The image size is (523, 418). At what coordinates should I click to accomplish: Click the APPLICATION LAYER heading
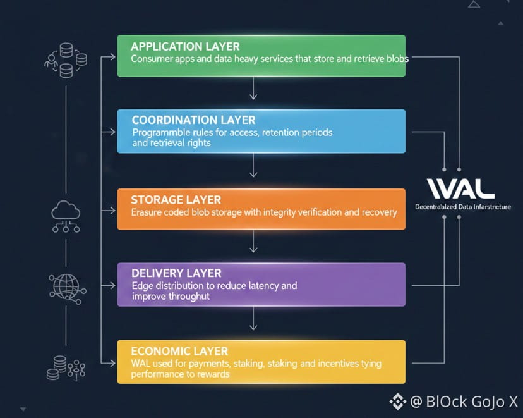(x=185, y=46)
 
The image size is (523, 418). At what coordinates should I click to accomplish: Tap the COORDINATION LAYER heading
(x=193, y=120)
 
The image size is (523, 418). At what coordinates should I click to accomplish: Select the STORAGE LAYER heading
(x=176, y=200)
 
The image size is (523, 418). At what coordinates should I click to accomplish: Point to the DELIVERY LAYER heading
(x=176, y=273)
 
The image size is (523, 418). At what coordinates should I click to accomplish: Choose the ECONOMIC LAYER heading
(x=179, y=351)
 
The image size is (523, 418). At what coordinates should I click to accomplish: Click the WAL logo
(x=460, y=188)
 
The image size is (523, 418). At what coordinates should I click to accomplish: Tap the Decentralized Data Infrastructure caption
(x=462, y=207)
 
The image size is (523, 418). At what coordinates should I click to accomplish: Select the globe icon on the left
(x=65, y=286)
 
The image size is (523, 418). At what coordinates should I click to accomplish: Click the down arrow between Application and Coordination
(x=253, y=94)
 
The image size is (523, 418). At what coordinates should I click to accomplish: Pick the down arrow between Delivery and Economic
(x=253, y=324)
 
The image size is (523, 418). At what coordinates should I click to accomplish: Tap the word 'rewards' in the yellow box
(x=213, y=374)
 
